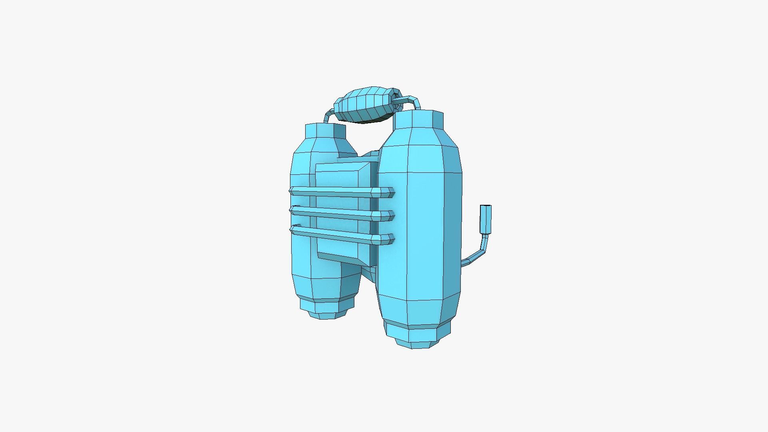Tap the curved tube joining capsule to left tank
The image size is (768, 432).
[329, 116]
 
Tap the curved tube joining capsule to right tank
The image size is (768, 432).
[412, 101]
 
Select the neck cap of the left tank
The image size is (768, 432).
[325, 131]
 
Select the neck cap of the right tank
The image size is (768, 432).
[418, 119]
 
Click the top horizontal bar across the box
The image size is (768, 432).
[340, 193]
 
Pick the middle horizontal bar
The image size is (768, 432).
[340, 213]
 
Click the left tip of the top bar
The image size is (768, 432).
[292, 190]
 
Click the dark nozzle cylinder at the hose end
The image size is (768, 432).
[486, 219]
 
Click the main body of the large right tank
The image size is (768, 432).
[418, 232]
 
